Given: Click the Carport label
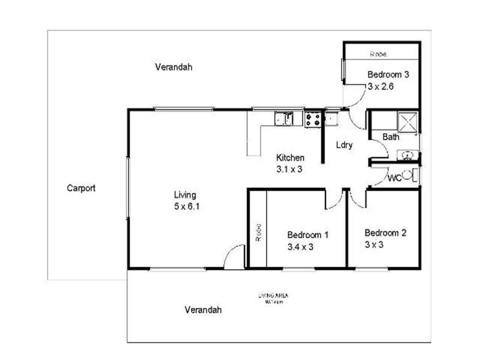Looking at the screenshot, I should pyautogui.click(x=81, y=188).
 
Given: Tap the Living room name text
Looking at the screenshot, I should pyautogui.click(x=185, y=195).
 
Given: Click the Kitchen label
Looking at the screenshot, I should pyautogui.click(x=290, y=158).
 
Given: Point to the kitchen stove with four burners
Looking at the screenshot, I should pyautogui.click(x=313, y=119).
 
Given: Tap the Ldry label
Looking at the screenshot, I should pyautogui.click(x=344, y=145).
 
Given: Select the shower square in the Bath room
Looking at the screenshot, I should pyautogui.click(x=409, y=122).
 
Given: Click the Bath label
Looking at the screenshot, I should pyautogui.click(x=391, y=137).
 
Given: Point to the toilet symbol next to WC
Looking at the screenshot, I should pyautogui.click(x=408, y=176).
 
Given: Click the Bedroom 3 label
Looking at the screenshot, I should pyautogui.click(x=388, y=75).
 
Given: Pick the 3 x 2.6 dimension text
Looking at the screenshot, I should pyautogui.click(x=380, y=86).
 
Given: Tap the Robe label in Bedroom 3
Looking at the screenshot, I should pyautogui.click(x=378, y=54).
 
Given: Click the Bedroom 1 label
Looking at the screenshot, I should pyautogui.click(x=308, y=235).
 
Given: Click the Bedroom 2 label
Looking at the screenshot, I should pyautogui.click(x=385, y=233).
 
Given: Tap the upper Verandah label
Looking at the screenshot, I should pyautogui.click(x=173, y=67).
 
